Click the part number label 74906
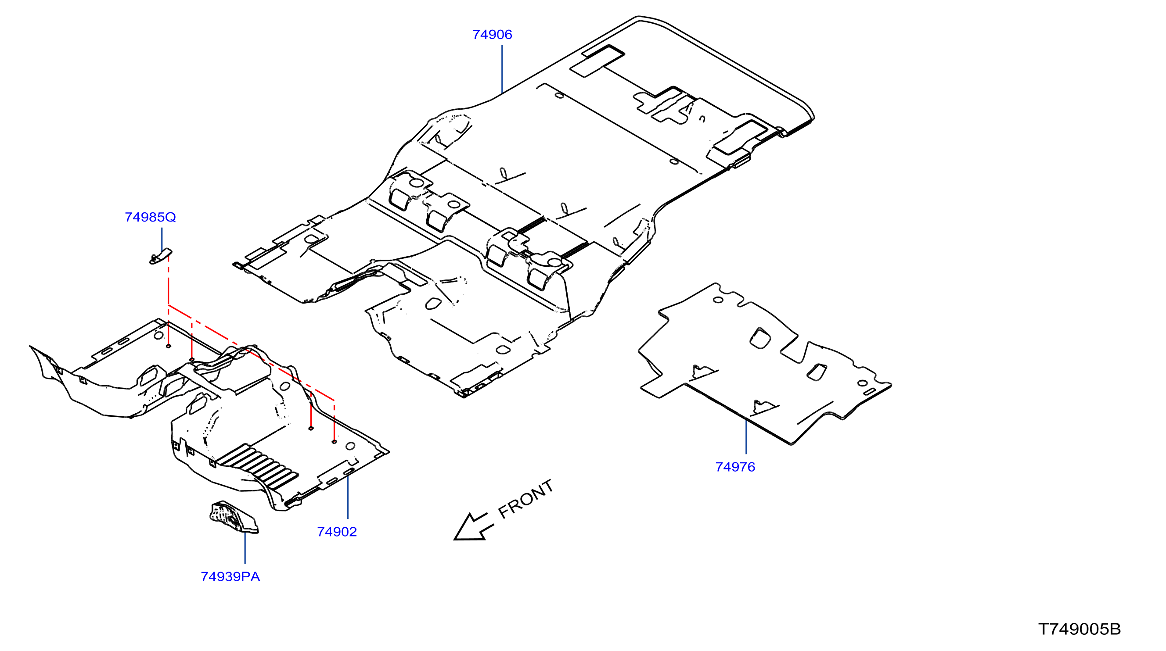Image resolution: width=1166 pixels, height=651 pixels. pyautogui.click(x=492, y=34)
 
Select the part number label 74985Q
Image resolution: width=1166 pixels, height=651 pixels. pyautogui.click(x=150, y=217)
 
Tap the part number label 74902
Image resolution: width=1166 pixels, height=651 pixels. pyautogui.click(x=337, y=532)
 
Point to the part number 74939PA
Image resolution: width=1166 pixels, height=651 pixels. pyautogui.click(x=230, y=576)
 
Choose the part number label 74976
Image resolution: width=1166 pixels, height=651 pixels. pyautogui.click(x=735, y=466)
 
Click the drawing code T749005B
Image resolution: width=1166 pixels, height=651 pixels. pyautogui.click(x=1079, y=629)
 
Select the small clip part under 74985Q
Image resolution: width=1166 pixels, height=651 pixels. pyautogui.click(x=161, y=257)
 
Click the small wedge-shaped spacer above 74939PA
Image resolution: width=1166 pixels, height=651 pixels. pyautogui.click(x=234, y=517)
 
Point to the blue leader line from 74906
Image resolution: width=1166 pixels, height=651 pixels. pyautogui.click(x=502, y=69)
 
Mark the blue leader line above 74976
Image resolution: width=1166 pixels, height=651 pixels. pyautogui.click(x=746, y=436)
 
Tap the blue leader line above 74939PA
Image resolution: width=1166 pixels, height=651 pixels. pyautogui.click(x=245, y=547)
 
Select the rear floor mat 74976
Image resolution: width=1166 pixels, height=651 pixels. pyautogui.click(x=765, y=364)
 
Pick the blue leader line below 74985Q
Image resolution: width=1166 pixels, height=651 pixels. pyautogui.click(x=162, y=240)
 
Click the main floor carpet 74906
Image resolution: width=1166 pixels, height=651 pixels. pyautogui.click(x=525, y=204)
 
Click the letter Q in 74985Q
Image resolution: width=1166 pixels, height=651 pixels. pyautogui.click(x=170, y=218)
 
